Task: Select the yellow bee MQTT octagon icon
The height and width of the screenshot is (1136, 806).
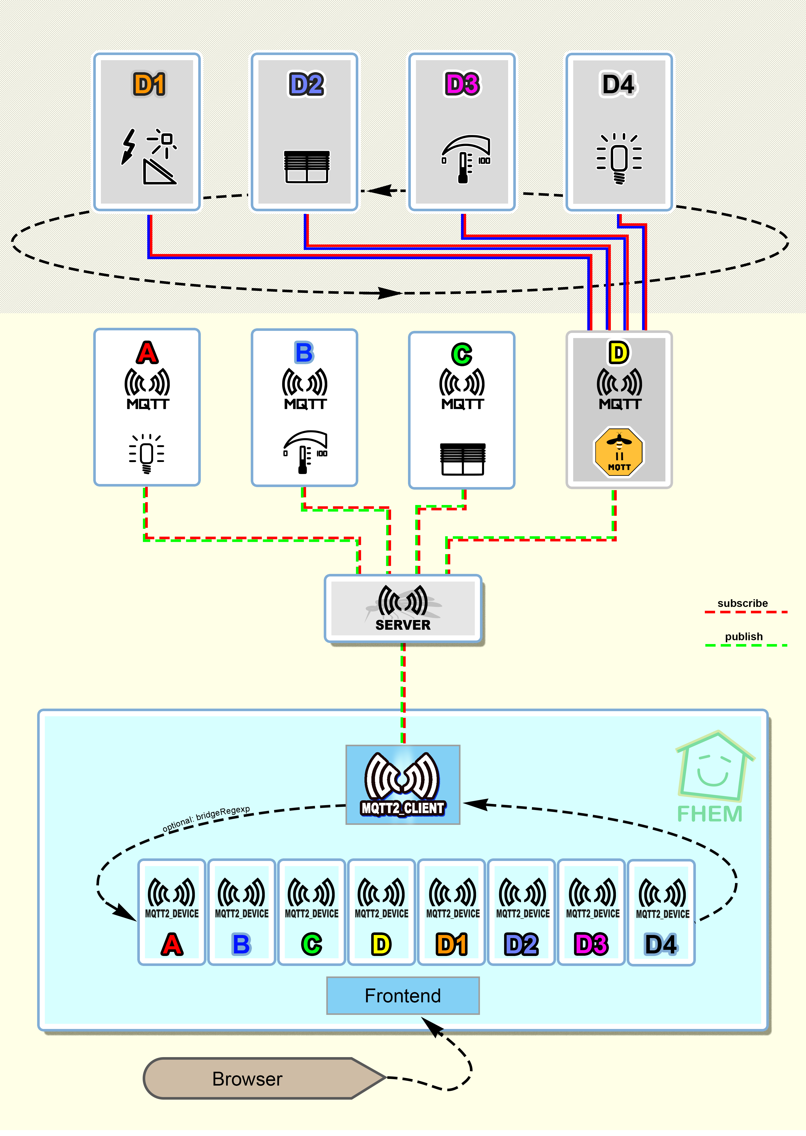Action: click(x=619, y=452)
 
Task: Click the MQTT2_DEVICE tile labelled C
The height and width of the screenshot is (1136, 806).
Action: click(x=311, y=912)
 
